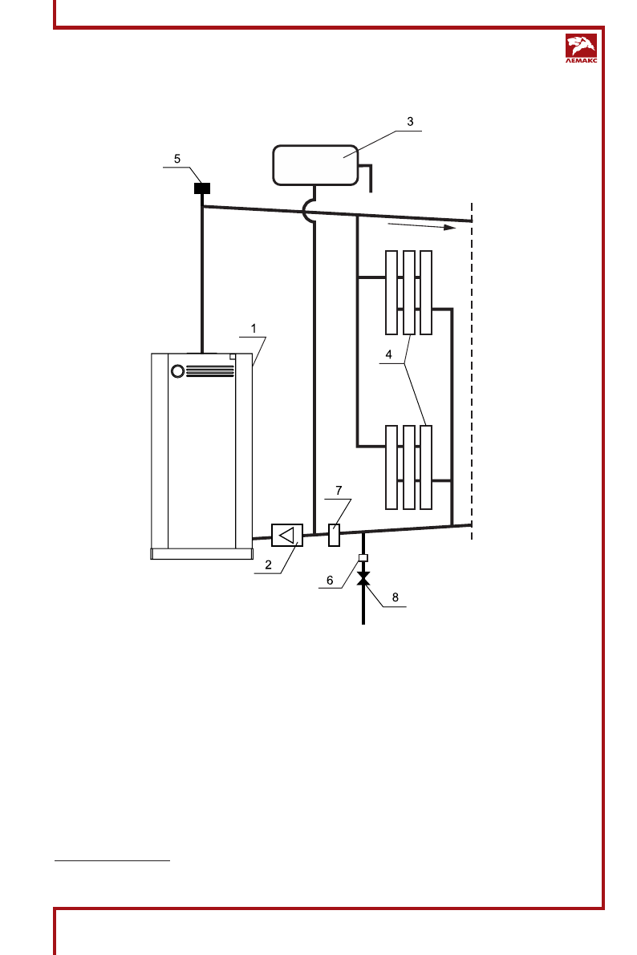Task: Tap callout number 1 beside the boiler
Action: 253,329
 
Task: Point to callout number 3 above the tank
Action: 409,122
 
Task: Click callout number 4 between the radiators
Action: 389,354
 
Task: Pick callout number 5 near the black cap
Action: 177,159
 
